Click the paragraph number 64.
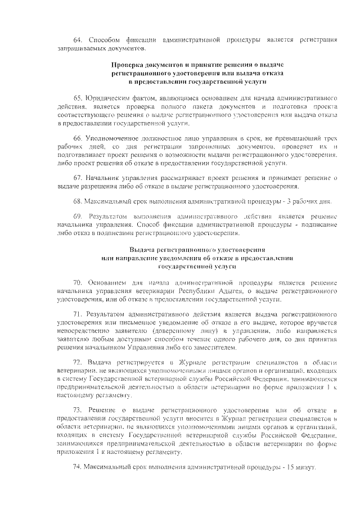[x=78, y=39]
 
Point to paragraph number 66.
[x=78, y=138]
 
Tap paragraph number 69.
[x=78, y=216]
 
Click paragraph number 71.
[x=78, y=313]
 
